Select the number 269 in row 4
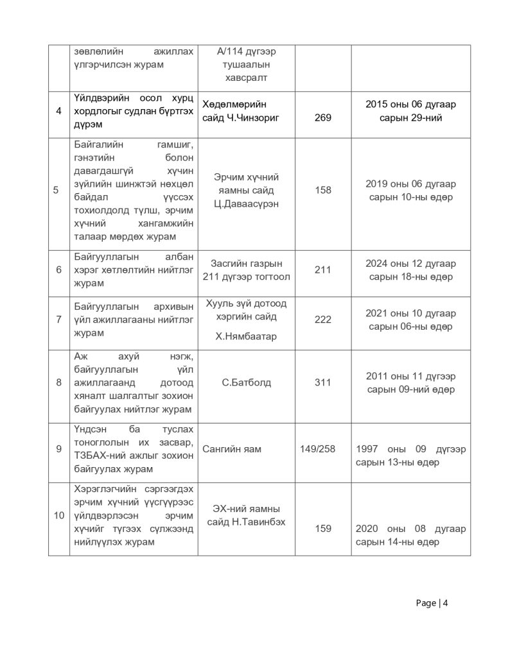[x=323, y=118]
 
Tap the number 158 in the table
[x=323, y=191]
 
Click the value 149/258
[x=317, y=449]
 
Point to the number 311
[x=323, y=383]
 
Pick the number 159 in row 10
[x=323, y=529]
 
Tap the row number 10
[x=58, y=516]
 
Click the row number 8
[x=58, y=383]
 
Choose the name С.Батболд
[x=246, y=383]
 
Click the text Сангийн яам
[x=232, y=449]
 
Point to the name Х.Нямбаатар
[x=246, y=336]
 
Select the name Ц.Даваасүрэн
[x=246, y=204]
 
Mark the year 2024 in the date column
[x=377, y=264]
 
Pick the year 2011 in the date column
[x=378, y=377]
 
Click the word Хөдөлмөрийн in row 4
[x=234, y=105]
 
